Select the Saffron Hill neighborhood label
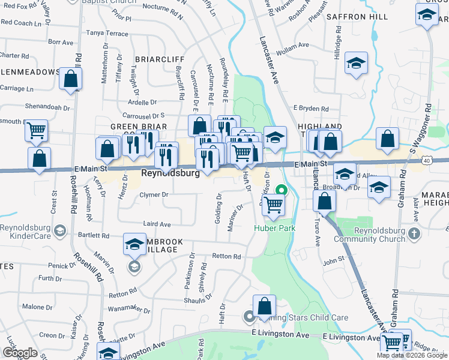[358, 17]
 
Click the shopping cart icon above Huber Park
[273, 205]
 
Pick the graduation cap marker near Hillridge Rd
[356, 64]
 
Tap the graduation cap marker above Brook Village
[134, 244]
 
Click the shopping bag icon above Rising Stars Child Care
[264, 306]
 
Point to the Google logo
[20, 352]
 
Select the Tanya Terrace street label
[108, 34]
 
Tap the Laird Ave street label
[157, 224]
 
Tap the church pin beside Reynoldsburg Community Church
[414, 232]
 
